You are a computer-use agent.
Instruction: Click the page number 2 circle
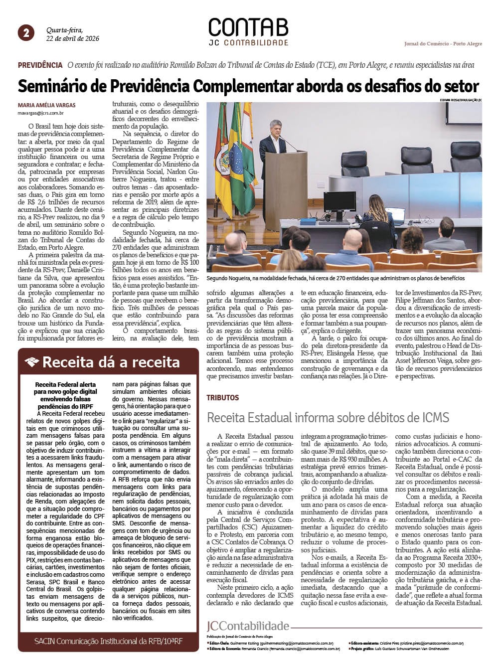pyautogui.click(x=26, y=33)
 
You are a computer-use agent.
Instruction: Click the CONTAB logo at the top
pyautogui.click(x=248, y=28)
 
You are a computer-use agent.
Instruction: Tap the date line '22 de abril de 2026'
pyautogui.click(x=73, y=39)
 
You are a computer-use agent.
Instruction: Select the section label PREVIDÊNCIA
pyautogui.click(x=40, y=65)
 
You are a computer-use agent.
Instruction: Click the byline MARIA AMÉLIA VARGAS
pyautogui.click(x=47, y=106)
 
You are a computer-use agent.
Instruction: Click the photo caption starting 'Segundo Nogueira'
pyautogui.click(x=335, y=278)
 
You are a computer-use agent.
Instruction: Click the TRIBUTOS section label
pyautogui.click(x=223, y=398)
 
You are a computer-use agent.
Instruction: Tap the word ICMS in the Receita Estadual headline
pyautogui.click(x=434, y=417)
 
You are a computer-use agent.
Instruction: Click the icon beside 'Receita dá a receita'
pyautogui.click(x=32, y=362)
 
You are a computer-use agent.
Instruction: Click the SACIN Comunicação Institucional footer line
pyautogui.click(x=108, y=641)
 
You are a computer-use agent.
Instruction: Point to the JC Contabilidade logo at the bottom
pyautogui.click(x=248, y=626)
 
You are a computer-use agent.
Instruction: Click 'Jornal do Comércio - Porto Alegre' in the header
pyautogui.click(x=443, y=44)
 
